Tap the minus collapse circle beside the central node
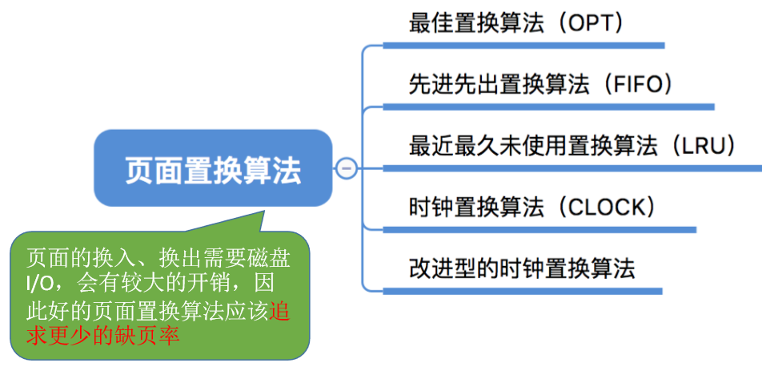[x=346, y=168]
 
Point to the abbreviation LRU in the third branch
[x=704, y=146]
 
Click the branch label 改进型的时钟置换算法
[x=521, y=268]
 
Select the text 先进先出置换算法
[x=499, y=83]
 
